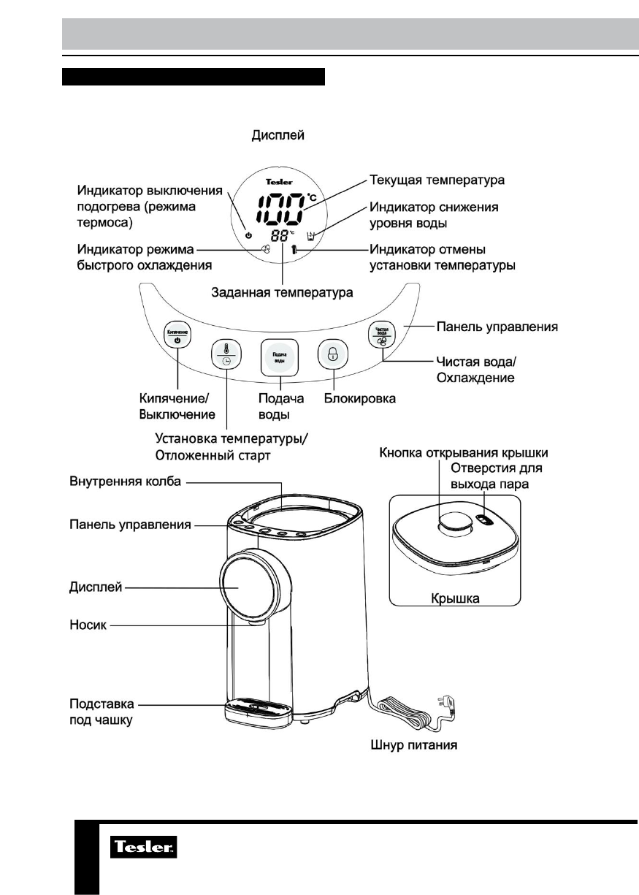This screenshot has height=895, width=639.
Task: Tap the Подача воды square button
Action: (279, 359)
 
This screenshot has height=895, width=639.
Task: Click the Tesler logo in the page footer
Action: (143, 848)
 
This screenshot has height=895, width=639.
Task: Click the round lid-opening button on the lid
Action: (453, 524)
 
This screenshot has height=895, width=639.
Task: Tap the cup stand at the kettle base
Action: (259, 709)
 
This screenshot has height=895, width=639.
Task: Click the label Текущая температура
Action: (437, 178)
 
